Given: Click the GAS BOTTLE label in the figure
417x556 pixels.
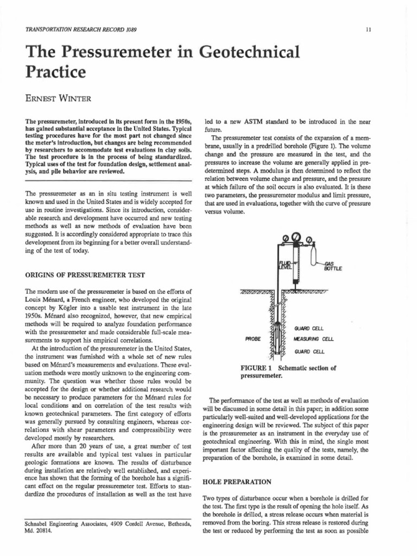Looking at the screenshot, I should pos(331,266).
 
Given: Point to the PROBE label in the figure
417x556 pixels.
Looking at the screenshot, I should pos(253,338).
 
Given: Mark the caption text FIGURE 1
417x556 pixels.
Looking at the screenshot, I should pos(258,368).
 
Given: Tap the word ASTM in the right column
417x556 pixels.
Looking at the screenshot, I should pos(245,121).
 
